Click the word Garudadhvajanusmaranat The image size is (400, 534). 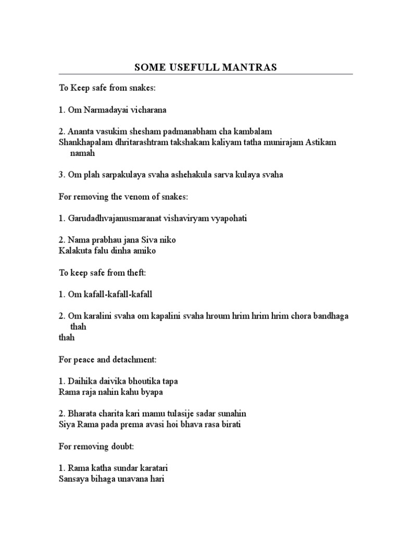click(113, 218)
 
